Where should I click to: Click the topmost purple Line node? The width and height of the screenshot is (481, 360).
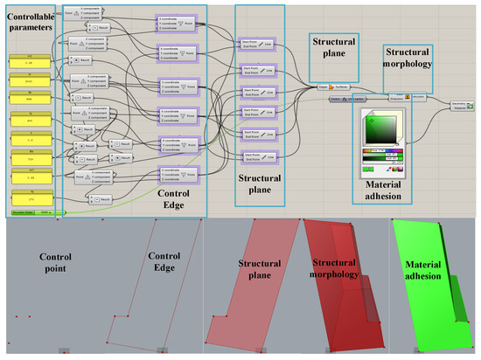(255, 43)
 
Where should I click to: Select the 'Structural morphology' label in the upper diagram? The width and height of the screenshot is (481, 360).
(408, 58)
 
